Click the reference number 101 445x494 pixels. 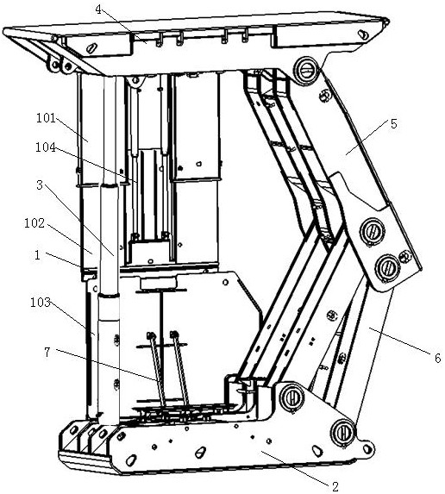click(46, 118)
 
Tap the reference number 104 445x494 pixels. click(46, 147)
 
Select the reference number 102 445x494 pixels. click(34, 223)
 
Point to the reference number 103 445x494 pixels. click(41, 302)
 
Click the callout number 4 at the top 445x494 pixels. click(98, 9)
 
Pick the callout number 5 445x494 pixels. click(394, 124)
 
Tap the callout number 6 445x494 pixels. click(437, 358)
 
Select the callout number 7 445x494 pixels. click(47, 353)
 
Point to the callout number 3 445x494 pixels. click(40, 185)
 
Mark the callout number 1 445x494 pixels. click(37, 255)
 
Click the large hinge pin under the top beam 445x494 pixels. click(305, 72)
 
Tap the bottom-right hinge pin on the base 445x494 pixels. click(342, 433)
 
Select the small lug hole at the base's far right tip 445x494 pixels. click(367, 449)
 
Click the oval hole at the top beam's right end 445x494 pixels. click(363, 34)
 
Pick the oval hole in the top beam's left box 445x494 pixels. click(91, 48)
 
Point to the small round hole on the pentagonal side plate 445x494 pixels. click(225, 282)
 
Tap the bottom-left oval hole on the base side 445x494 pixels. click(131, 460)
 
